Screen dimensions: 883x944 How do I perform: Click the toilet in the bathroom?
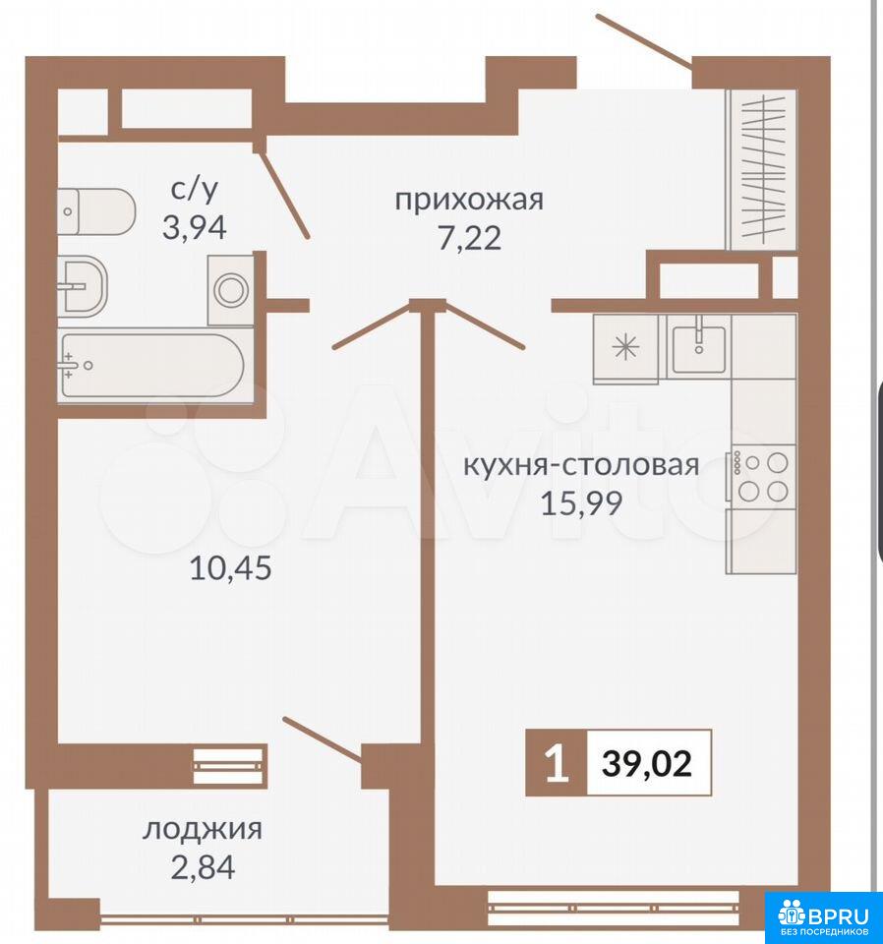coord(96,212)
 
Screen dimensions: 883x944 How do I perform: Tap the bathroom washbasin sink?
coord(83,286)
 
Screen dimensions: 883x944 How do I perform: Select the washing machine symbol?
coord(230,290)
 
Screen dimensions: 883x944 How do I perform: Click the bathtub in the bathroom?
coord(152,365)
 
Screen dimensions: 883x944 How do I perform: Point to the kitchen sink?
coord(699,347)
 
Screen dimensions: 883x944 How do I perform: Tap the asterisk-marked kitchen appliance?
coord(625,347)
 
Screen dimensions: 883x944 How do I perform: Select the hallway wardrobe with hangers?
coord(762,169)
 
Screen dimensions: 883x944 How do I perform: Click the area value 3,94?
coord(195,228)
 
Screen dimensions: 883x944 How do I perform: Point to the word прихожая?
coord(469,200)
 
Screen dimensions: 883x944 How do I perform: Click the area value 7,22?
coord(469,238)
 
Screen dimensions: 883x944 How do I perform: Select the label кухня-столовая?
coord(581,465)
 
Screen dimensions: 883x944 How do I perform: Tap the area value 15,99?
coord(581,503)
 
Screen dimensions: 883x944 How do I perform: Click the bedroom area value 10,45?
coord(230,567)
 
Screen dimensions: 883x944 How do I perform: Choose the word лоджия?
coord(203,830)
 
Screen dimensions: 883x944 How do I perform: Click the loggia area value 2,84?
coord(203,867)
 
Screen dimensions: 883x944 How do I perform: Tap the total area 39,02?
coord(647,763)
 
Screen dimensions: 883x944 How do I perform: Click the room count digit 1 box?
coord(557,763)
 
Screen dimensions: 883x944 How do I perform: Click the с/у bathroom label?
coord(195,189)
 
